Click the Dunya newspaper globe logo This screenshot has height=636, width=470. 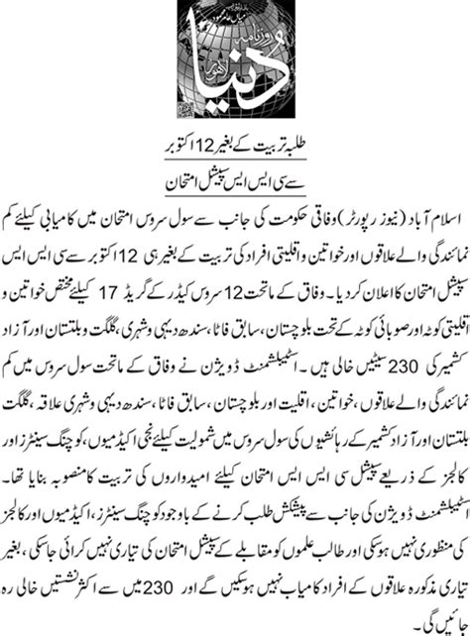click(234, 63)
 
